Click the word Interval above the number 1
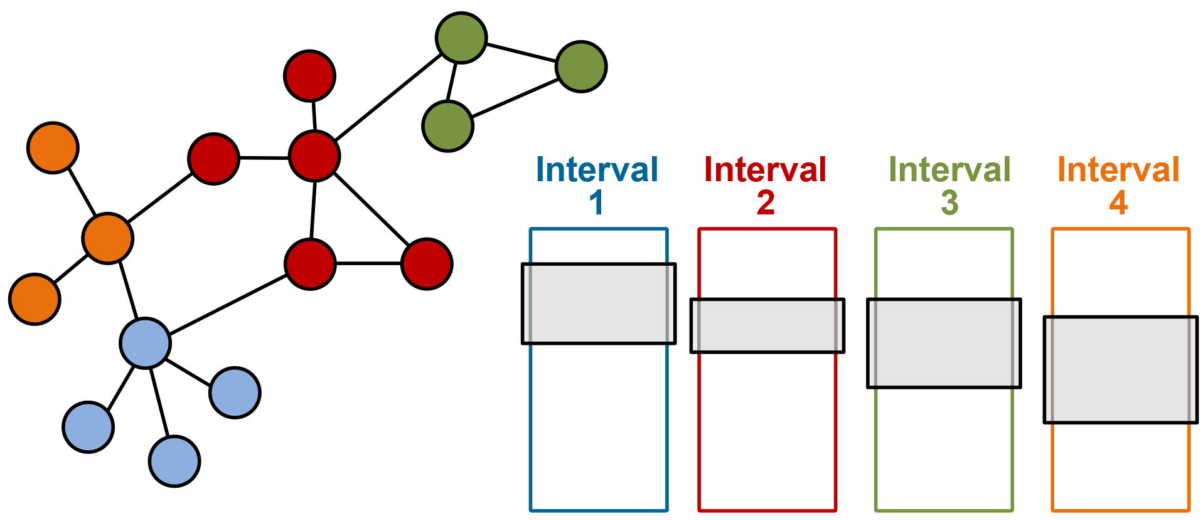point(597,170)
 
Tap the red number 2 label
point(766,203)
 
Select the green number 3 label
point(949,203)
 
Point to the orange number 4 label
point(1118,203)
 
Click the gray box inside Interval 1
point(598,303)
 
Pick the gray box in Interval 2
point(767,325)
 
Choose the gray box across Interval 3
point(943,343)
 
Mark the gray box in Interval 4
point(1120,369)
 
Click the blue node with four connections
point(146,342)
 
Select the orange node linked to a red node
point(108,238)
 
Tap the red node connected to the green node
point(314,156)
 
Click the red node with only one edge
point(309,76)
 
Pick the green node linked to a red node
point(461,38)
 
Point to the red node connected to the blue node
point(310,264)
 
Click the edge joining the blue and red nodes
point(228,304)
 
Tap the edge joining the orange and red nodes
point(161,198)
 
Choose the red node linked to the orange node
point(214,159)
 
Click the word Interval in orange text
point(1118,170)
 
